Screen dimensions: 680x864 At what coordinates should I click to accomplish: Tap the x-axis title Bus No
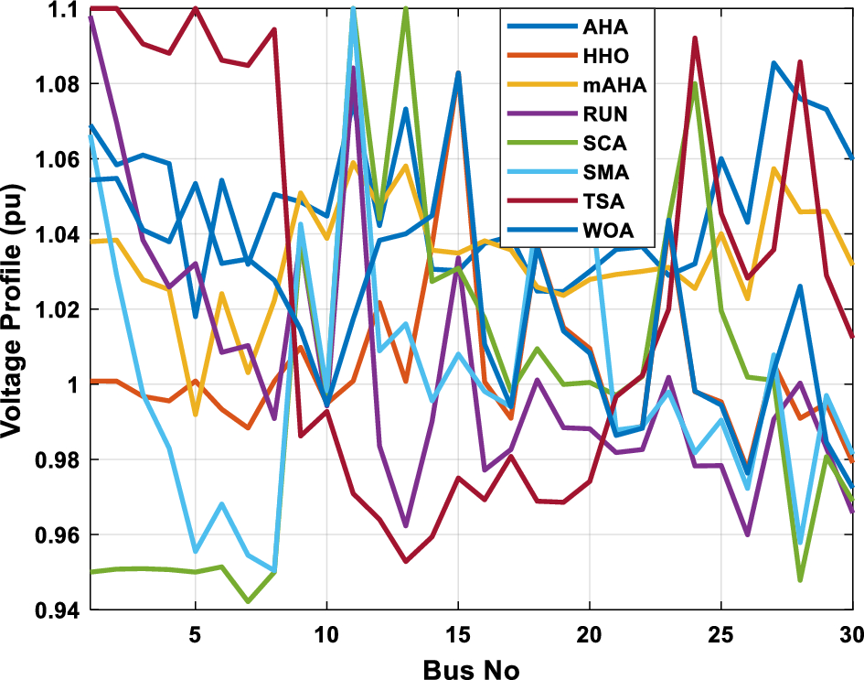472,667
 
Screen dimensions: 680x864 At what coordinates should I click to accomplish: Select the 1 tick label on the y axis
77,384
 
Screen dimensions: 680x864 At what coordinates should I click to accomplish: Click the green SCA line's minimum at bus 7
248,602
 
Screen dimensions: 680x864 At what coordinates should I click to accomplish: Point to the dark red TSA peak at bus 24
695,38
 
